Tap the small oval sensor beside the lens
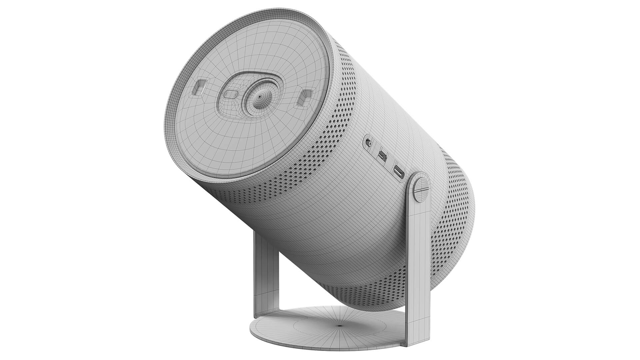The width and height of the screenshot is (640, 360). [x=229, y=94]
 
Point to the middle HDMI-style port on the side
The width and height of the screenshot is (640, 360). [x=382, y=156]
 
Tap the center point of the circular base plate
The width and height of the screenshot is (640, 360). [x=340, y=325]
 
